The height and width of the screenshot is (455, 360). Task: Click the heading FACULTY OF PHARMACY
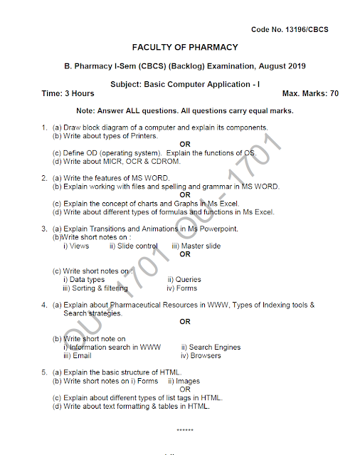tap(185, 48)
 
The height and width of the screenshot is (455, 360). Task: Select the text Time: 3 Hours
tap(68, 93)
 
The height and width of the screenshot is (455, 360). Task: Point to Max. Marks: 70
tap(310, 93)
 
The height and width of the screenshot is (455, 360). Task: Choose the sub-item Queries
tap(188, 280)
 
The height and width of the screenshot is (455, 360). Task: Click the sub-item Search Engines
tap(215, 347)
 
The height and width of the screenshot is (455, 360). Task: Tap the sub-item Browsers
tap(206, 356)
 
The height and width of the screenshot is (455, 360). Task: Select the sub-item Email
tap(81, 356)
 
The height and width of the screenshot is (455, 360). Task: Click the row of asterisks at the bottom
tap(185, 431)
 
